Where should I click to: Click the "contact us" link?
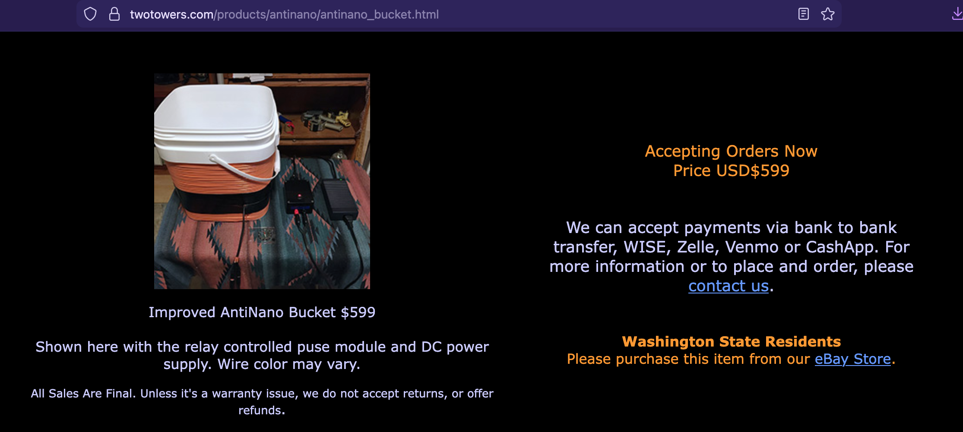[729, 286]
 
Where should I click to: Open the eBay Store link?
[853, 359]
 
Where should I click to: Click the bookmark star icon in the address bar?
[828, 14]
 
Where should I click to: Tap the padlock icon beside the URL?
[114, 14]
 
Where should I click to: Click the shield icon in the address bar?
[90, 14]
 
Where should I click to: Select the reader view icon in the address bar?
[804, 14]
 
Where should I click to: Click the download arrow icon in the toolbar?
[957, 14]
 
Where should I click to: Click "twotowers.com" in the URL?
[172, 15]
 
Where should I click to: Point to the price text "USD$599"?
[753, 171]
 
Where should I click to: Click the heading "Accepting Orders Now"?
[731, 151]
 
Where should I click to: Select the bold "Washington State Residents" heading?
[732, 342]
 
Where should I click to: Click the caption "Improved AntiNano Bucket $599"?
[262, 312]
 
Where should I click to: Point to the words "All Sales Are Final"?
[83, 394]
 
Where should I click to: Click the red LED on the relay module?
[299, 196]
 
